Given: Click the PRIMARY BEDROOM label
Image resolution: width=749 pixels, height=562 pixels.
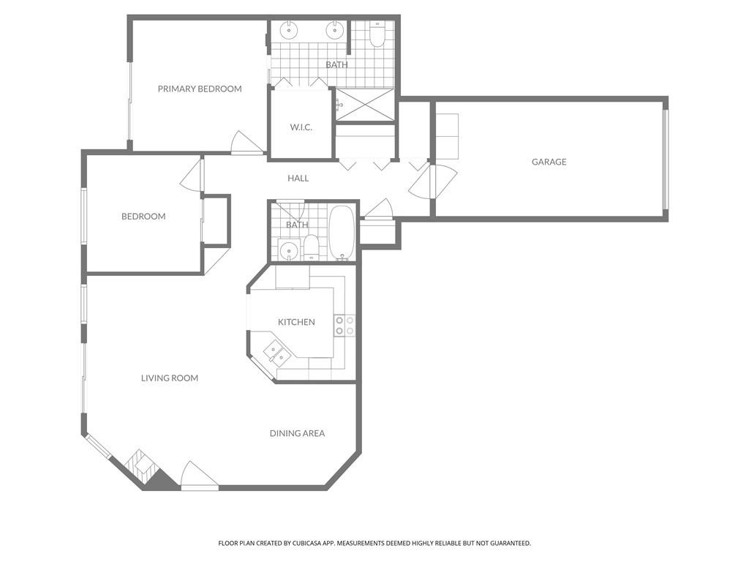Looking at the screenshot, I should point(200,89).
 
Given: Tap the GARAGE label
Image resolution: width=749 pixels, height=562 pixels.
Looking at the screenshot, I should point(549,162).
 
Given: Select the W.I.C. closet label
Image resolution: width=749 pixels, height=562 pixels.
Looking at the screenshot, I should point(301,127).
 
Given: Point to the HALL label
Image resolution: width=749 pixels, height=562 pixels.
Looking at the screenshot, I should point(298,178).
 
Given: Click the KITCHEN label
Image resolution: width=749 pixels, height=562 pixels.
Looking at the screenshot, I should point(296,322).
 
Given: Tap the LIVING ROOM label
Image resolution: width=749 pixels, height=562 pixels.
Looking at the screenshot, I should point(170,378).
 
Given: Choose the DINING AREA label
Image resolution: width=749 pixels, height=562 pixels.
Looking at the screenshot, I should point(297,433).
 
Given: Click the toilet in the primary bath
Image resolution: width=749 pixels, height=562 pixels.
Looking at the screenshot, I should point(377,34).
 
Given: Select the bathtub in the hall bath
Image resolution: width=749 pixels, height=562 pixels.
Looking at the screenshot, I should point(342,233).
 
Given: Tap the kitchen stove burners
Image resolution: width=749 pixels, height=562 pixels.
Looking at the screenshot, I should point(345,326).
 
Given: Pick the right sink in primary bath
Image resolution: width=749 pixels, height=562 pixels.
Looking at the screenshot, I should point(334,30).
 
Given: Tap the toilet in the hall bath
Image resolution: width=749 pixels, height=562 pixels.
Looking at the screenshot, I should point(312,247).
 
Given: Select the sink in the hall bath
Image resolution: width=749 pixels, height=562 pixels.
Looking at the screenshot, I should point(289,250).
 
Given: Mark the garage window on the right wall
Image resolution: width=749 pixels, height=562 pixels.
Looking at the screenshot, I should point(665,160).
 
